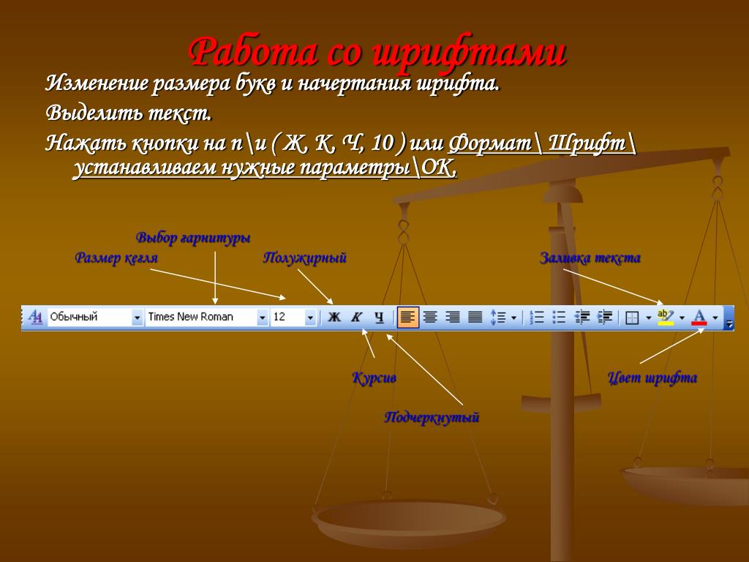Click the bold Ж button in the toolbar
click(334, 317)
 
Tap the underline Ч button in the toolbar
click(379, 317)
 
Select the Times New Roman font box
click(206, 317)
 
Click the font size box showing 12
click(293, 317)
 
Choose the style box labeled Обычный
click(95, 317)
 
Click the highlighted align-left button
click(407, 318)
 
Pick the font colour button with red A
click(699, 318)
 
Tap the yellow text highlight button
click(666, 318)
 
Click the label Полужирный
click(305, 258)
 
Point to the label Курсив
click(374, 378)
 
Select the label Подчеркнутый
click(432, 417)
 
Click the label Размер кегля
click(116, 258)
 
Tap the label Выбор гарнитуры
click(193, 238)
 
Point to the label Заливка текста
click(590, 258)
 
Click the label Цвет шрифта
click(652, 378)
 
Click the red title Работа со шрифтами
click(377, 52)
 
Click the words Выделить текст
click(129, 113)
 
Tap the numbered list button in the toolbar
click(537, 318)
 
